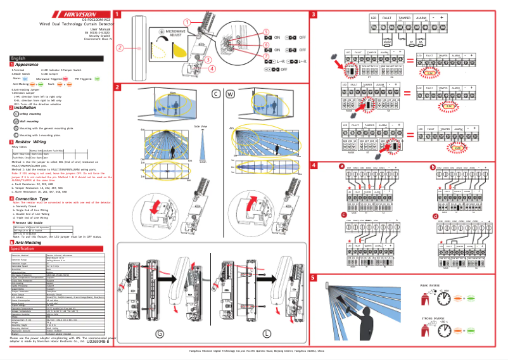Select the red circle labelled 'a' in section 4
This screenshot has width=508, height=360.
pos(341,167)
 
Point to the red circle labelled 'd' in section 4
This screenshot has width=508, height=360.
pos(435,217)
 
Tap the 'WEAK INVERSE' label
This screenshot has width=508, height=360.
pos(431,286)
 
